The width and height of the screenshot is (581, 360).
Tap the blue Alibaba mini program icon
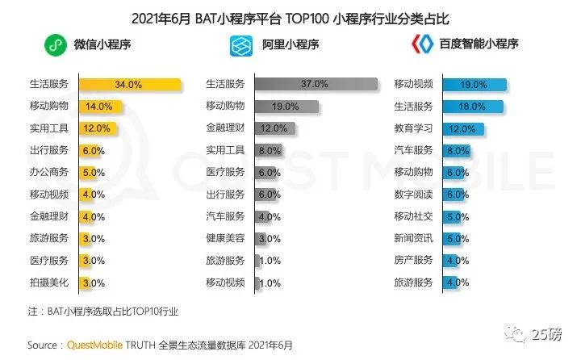coord(242,44)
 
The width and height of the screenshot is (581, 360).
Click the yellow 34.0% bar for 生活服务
coord(130,84)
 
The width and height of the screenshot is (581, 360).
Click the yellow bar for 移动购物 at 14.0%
coord(100,106)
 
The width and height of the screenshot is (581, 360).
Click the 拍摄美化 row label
coord(50,283)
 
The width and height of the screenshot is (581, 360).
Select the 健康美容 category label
coord(225,238)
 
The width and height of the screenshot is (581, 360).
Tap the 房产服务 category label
coord(413,260)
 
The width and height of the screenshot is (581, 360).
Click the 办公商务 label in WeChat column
coord(50,172)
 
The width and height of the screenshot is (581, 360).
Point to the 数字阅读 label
coord(413,194)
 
